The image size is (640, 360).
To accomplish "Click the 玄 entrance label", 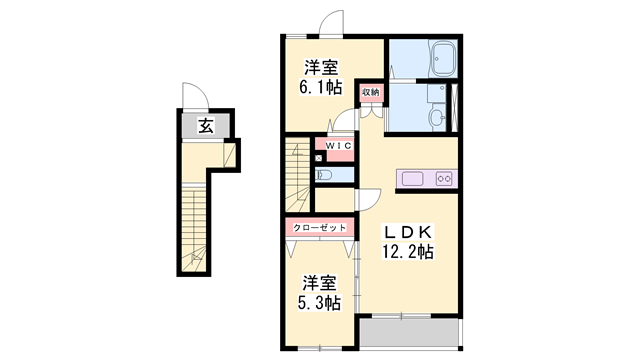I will (204, 126).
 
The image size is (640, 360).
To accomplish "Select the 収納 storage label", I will (370, 92).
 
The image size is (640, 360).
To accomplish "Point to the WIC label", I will (336, 147).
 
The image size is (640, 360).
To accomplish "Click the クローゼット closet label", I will (320, 228).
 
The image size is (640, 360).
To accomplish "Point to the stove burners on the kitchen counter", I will (444, 180).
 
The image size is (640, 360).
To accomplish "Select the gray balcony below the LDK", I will (408, 334).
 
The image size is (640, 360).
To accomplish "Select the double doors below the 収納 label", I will (370, 110).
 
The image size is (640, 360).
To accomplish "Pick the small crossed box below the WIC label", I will (319, 157).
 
